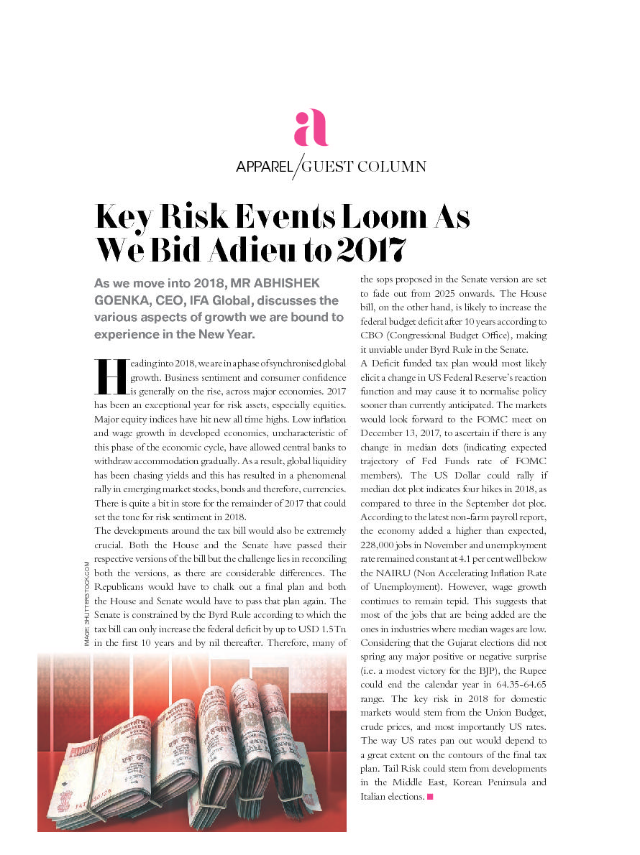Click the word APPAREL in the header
265,167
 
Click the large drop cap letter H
110,377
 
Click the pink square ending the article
430,796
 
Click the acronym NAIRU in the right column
395,573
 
